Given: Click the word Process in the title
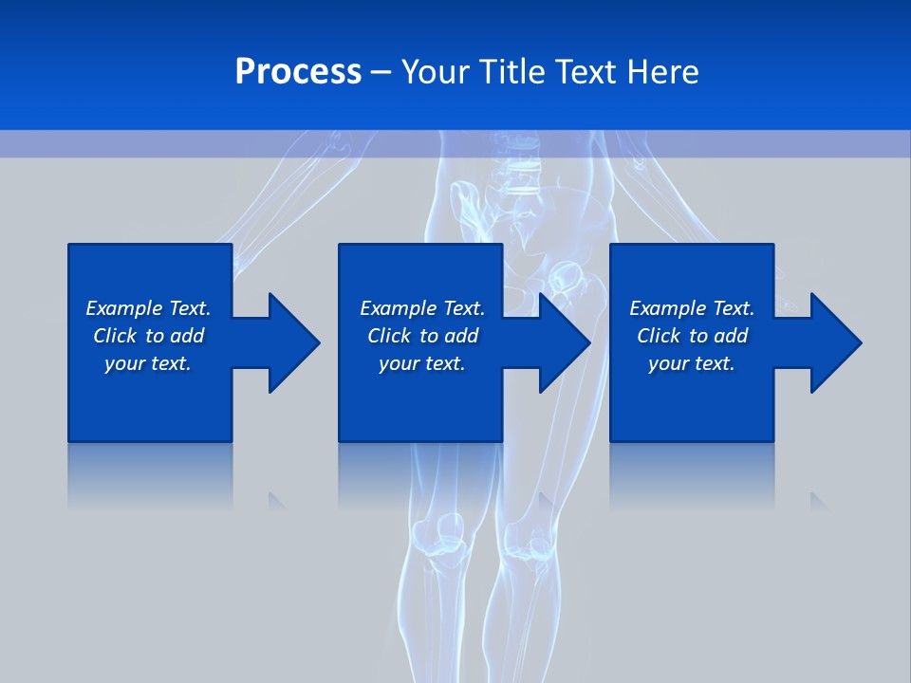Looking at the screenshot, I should pyautogui.click(x=298, y=72).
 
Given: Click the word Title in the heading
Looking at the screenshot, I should pyautogui.click(x=511, y=72).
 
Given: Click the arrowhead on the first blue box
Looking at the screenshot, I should pyautogui.click(x=290, y=342).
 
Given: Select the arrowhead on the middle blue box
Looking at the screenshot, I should pyautogui.click(x=562, y=342).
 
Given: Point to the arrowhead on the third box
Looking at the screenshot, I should pyautogui.click(x=833, y=342).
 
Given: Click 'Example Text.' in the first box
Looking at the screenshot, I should pyautogui.click(x=148, y=308).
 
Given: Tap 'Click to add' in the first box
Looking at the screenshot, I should pyautogui.click(x=148, y=336).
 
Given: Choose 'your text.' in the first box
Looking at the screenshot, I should pyautogui.click(x=148, y=363).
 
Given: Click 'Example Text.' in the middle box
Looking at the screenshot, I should pyautogui.click(x=422, y=308).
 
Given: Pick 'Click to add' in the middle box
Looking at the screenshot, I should pyautogui.click(x=422, y=336).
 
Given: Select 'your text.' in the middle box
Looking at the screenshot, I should pyautogui.click(x=422, y=363).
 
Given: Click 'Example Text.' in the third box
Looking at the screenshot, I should pyautogui.click(x=692, y=308).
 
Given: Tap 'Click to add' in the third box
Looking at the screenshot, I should pyautogui.click(x=692, y=336).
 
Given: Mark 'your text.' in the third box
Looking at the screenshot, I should pyautogui.click(x=692, y=363).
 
